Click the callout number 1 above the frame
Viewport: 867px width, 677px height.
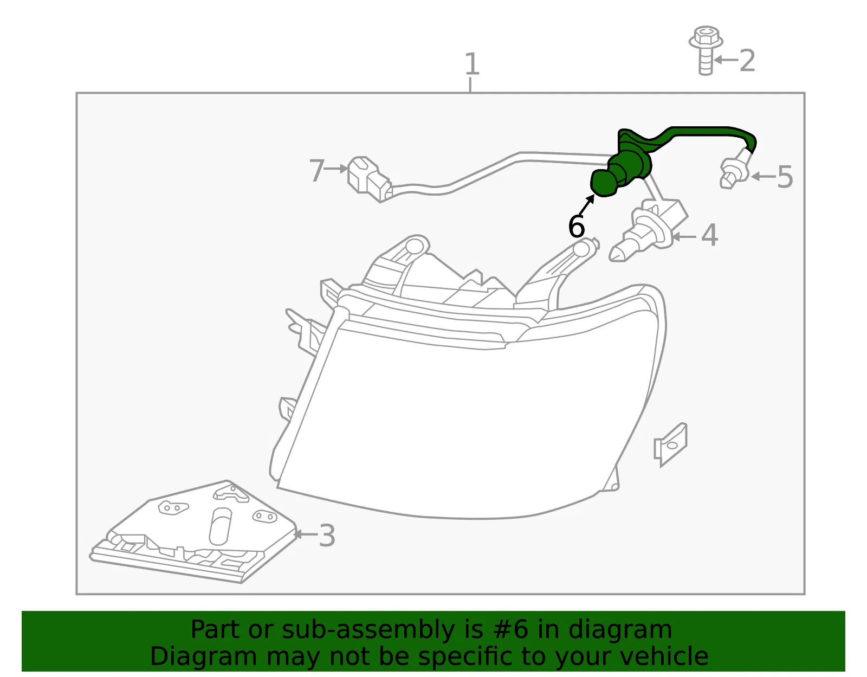pos(471,64)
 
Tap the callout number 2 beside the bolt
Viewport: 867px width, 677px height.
pos(747,61)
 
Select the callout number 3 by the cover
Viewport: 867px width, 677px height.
pos(327,536)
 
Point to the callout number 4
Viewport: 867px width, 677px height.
pos(709,235)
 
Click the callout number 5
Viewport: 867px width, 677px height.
pos(785,176)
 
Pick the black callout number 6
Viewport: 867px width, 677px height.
pos(576,226)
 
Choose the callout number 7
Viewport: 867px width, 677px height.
pos(317,170)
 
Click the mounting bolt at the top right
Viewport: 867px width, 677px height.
pos(706,50)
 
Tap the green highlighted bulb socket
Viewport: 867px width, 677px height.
pos(623,171)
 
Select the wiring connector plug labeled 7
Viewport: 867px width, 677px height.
pos(369,179)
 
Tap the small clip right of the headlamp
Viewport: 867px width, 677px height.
pos(670,444)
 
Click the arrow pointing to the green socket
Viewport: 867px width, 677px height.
pos(586,205)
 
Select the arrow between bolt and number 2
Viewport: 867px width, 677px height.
pos(726,60)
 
